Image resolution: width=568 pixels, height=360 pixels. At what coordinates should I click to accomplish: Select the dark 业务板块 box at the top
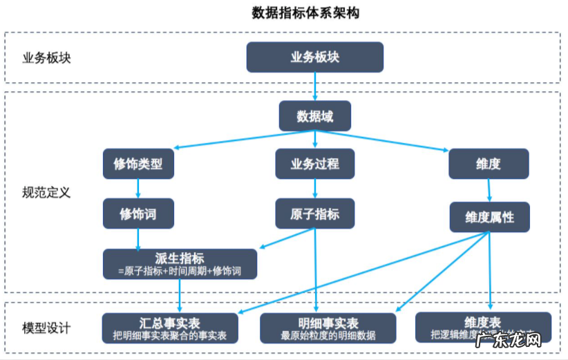coord(314,57)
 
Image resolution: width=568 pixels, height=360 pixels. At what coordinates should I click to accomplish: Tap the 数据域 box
coord(314,116)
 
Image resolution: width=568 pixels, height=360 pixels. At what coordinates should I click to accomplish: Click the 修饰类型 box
coord(138,164)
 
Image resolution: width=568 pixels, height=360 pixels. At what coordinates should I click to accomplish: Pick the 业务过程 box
coord(314,164)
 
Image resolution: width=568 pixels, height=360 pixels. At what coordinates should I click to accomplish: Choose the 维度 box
coord(488,164)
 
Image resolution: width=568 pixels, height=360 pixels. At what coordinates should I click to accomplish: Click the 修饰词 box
coord(138,214)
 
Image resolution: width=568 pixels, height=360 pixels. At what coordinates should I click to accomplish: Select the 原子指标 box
coord(314,214)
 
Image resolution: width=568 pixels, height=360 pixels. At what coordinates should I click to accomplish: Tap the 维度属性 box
coord(489,217)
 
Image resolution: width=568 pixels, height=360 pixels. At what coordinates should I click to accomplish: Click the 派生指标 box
coord(180,264)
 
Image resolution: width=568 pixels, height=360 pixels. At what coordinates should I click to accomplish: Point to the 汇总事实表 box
coord(169,328)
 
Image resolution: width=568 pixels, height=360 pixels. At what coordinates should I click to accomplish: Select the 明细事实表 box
coord(328,328)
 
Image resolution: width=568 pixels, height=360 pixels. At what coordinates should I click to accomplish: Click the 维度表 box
coord(483,327)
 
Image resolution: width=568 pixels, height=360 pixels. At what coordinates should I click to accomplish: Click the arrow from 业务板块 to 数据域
coord(314,86)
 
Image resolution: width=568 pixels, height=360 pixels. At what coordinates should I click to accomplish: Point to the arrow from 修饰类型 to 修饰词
coord(138,189)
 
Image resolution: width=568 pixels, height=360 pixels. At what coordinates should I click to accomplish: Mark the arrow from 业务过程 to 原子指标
coord(314,189)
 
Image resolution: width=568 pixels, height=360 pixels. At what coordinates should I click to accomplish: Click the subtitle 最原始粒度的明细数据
coord(328,336)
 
